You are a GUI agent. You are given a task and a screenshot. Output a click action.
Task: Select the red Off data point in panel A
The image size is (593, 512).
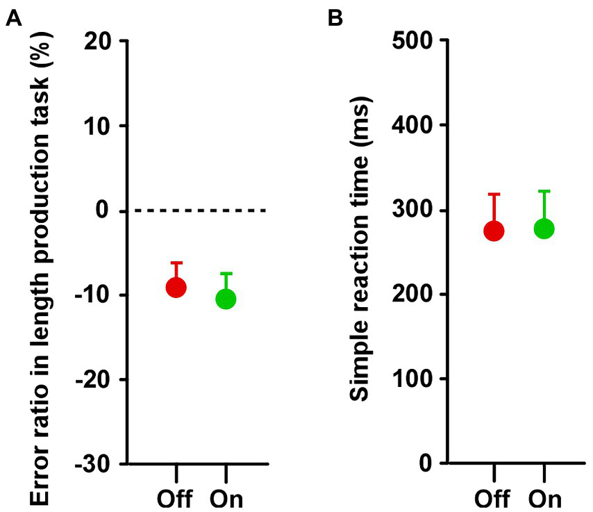(176, 287)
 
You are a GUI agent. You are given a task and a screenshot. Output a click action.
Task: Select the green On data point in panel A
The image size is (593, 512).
(226, 299)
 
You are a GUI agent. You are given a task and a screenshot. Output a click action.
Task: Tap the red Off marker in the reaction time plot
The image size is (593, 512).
(494, 231)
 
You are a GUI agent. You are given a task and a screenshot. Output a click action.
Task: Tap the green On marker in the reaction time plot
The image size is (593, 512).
(544, 228)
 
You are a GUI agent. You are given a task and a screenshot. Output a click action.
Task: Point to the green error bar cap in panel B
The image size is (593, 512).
(544, 191)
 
